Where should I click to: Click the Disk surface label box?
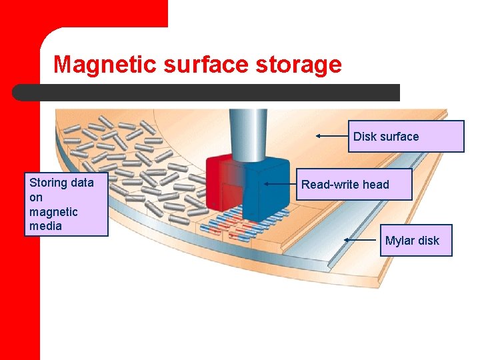[405, 136]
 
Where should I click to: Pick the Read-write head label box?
[355, 184]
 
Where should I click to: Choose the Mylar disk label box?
[412, 240]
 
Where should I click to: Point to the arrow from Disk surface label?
[331, 135]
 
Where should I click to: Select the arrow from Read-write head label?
[280, 183]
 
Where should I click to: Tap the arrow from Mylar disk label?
[360, 239]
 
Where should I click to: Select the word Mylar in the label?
[398, 241]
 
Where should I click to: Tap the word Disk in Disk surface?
[365, 137]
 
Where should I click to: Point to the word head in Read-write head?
[375, 185]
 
